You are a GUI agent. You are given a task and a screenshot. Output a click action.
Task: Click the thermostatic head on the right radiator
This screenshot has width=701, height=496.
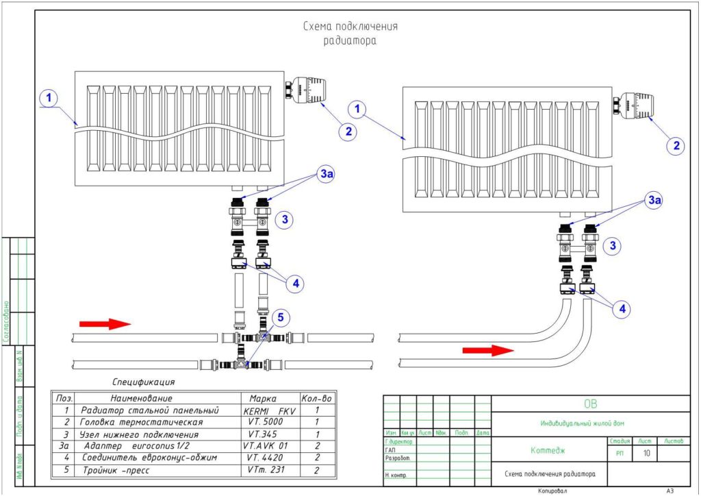[x=637, y=106]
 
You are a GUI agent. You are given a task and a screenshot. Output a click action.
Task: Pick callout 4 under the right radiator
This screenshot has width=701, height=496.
[x=622, y=310]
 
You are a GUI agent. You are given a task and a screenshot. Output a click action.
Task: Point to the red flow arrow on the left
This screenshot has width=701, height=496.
[x=104, y=323]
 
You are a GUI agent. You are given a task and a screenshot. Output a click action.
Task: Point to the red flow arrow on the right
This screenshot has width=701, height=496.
[x=487, y=350]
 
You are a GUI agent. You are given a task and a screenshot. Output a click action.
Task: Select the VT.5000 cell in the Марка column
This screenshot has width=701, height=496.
[x=266, y=422]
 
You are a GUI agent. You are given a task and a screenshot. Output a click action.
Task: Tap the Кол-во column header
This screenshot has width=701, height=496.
[x=316, y=398]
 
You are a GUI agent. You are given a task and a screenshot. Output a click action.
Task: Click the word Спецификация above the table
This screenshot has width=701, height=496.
[x=144, y=382]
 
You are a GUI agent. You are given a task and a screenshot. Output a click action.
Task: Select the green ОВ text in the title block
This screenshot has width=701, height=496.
[x=590, y=404]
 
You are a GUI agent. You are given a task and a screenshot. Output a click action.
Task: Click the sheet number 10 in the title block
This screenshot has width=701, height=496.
[x=644, y=454]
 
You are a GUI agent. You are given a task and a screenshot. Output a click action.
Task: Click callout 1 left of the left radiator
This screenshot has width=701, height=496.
[x=48, y=99]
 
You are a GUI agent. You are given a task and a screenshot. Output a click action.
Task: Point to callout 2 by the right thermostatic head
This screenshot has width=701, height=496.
[x=676, y=145]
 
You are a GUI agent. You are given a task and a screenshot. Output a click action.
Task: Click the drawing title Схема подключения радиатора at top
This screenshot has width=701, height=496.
[x=350, y=33]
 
